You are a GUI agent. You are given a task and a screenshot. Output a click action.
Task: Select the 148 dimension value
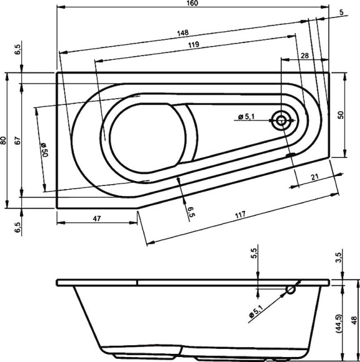[182, 32]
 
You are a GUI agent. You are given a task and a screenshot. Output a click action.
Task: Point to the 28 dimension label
[304, 56]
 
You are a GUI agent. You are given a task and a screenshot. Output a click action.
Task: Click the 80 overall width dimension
[4, 140]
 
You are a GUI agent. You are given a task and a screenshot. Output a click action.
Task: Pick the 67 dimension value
[18, 140]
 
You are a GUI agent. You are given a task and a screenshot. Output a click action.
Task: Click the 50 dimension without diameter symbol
[341, 115]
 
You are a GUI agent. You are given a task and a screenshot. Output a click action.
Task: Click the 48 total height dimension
[354, 321]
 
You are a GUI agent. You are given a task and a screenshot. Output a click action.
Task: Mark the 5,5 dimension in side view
[254, 254]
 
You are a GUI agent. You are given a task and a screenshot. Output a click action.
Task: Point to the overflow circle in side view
[291, 290]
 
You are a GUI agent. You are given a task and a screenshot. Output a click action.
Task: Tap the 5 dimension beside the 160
[342, 12]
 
